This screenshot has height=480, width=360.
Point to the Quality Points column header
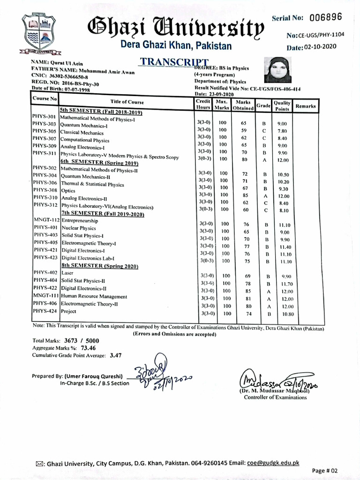282,106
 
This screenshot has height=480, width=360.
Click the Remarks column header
305,106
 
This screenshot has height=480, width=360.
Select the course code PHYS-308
45,190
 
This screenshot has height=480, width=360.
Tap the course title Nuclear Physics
79,228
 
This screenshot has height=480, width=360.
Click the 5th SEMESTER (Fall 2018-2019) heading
101,112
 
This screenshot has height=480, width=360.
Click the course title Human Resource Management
94,296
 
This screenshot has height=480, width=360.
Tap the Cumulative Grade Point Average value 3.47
115,355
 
